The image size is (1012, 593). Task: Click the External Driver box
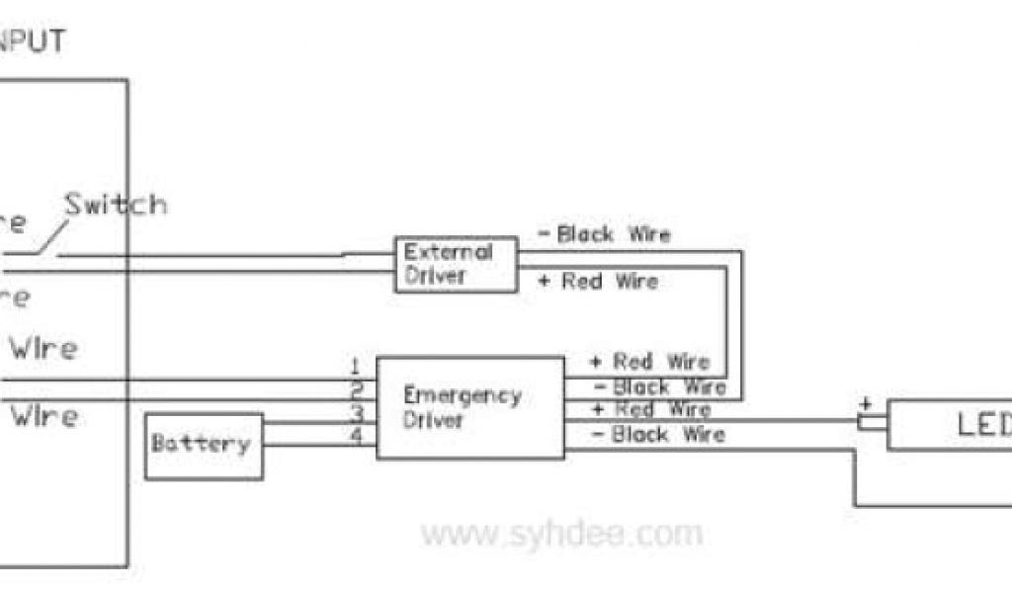[456, 264]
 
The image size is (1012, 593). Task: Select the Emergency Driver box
[470, 407]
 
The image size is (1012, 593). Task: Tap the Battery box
[204, 446]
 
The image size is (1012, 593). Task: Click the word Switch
[116, 206]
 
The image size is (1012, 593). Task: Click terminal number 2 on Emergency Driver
[357, 388]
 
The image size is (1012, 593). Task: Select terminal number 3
[357, 412]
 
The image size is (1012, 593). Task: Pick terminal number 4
[357, 435]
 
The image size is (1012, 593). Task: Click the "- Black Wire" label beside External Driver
[604, 235]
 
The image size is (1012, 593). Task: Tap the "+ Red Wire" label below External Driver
[598, 282]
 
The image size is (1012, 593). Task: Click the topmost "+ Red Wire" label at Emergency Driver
[650, 362]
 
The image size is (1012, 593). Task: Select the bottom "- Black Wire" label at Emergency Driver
[658, 435]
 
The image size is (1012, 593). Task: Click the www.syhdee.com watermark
[561, 535]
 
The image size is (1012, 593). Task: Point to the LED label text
[983, 425]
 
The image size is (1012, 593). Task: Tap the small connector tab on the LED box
[872, 423]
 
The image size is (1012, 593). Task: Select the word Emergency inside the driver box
[462, 396]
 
